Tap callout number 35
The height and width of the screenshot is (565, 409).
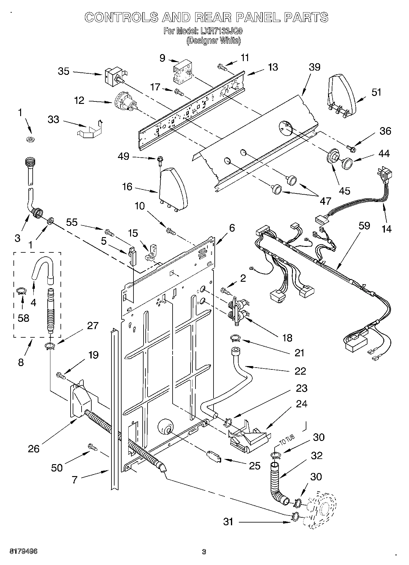click(x=64, y=72)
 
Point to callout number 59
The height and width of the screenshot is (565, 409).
click(x=364, y=226)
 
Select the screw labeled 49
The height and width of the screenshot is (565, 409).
click(x=160, y=160)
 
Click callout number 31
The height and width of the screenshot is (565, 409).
click(x=228, y=522)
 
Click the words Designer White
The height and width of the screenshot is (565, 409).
click(x=214, y=40)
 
